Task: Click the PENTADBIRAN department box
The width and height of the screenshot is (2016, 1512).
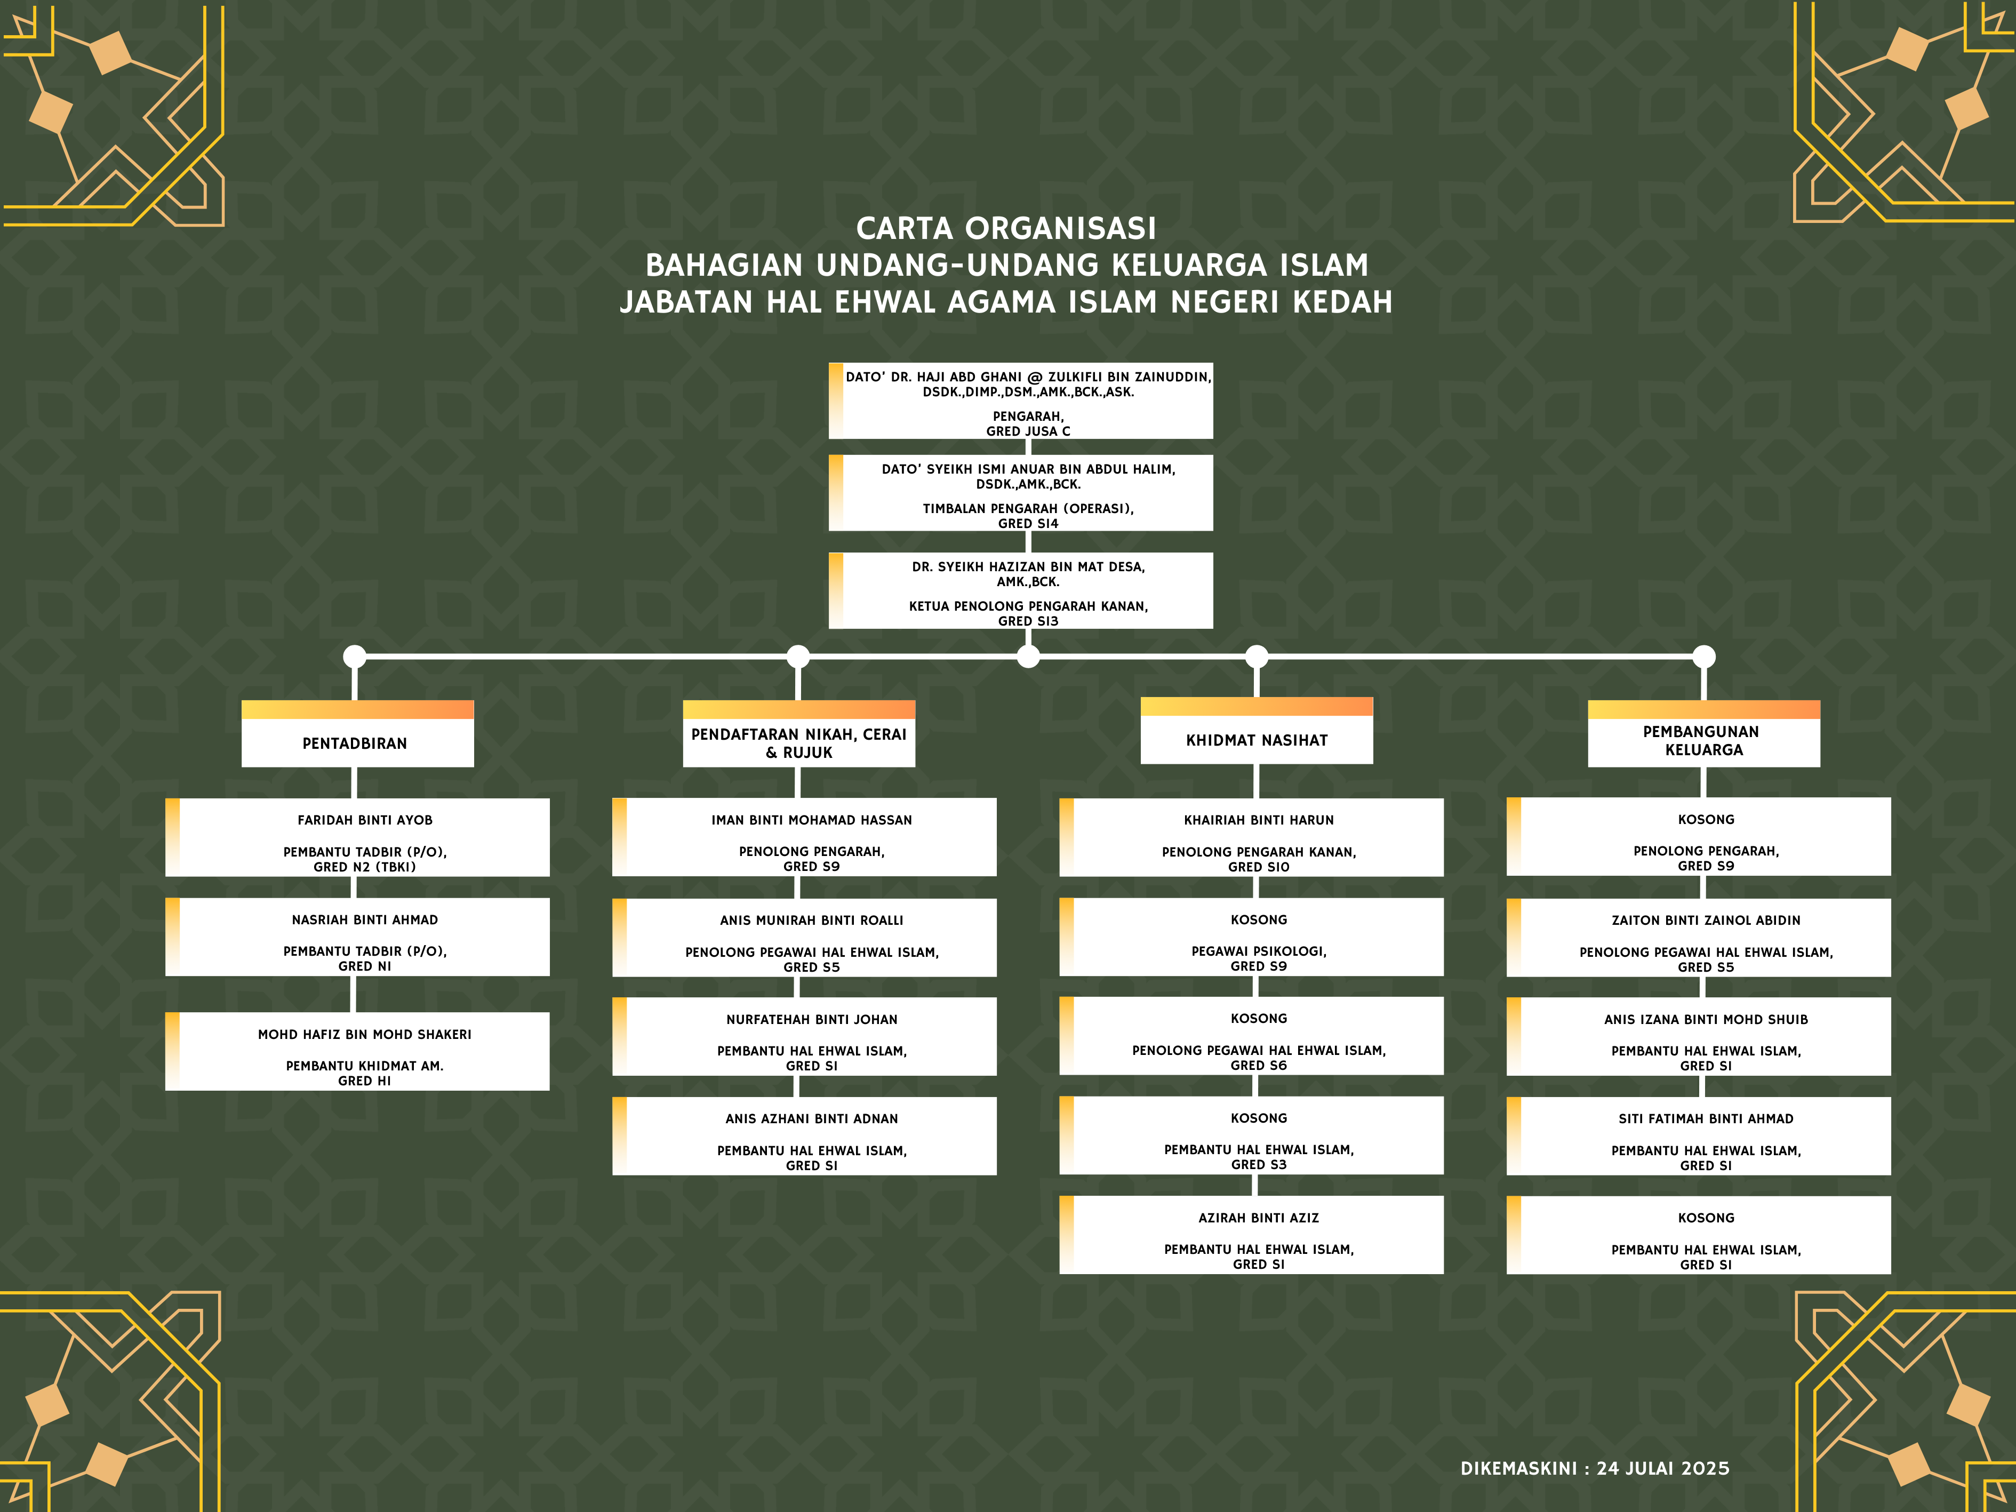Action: tap(357, 734)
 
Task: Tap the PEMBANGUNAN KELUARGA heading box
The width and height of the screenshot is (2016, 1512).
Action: tap(1705, 734)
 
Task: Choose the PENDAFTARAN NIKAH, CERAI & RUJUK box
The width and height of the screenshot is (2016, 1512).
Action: tap(799, 734)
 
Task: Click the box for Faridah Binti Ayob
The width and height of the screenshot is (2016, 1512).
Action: tap(357, 837)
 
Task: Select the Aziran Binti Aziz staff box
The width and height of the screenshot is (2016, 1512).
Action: tap(1251, 1235)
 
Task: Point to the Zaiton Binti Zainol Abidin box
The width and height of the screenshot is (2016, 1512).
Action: tap(1699, 938)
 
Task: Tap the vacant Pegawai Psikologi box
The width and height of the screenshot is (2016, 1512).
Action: tap(1251, 937)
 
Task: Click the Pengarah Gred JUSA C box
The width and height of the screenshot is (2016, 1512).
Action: tap(1021, 401)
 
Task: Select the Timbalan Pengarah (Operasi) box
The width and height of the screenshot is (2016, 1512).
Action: tap(1021, 493)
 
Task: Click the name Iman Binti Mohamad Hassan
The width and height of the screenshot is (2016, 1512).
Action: tap(812, 820)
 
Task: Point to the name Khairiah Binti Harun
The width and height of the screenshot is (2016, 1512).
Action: tap(1259, 820)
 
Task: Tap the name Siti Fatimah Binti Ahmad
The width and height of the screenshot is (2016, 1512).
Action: tap(1706, 1119)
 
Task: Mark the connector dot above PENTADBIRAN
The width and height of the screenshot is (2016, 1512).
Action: tap(355, 656)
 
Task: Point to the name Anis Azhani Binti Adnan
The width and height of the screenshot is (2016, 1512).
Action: tap(812, 1119)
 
